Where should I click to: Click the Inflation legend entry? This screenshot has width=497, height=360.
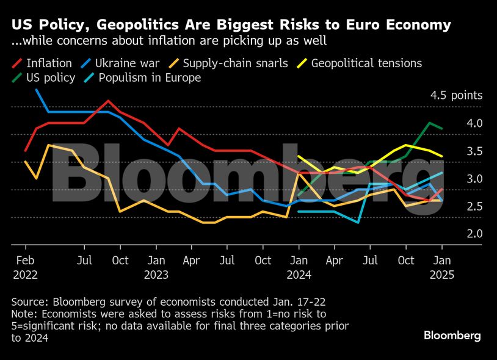coord(49,63)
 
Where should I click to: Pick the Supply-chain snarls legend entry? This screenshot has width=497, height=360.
coord(235,63)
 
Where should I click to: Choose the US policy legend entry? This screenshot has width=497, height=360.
coord(51,78)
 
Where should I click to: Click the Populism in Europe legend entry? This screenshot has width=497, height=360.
coord(150,78)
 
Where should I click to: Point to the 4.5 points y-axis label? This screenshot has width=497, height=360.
coord(456,95)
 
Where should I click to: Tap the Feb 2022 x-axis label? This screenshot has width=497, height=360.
coord(25,267)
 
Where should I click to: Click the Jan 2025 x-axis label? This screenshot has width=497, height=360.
coord(441,267)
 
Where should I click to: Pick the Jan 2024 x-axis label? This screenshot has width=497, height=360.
coord(299,267)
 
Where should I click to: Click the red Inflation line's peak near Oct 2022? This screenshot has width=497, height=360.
coord(108,101)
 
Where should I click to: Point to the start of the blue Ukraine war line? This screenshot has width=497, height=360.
coord(37,90)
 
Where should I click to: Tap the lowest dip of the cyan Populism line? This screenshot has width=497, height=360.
coord(358,223)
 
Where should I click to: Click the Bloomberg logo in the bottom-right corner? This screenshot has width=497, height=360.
coord(452,336)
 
